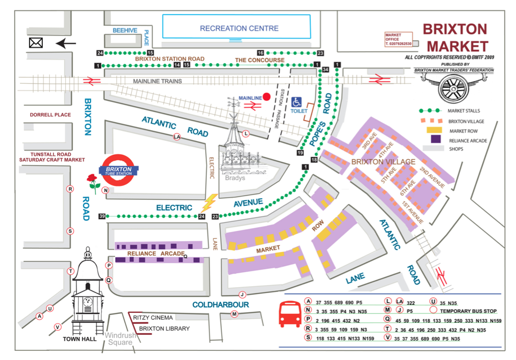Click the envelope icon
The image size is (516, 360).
tap(36, 42)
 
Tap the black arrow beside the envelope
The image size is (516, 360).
tap(66, 43)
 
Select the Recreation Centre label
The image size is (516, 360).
tap(239, 28)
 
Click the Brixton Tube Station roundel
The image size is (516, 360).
tap(118, 170)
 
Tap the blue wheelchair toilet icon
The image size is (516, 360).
tap(297, 102)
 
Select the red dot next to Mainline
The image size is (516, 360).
tap(267, 97)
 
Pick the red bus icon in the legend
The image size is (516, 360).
tap(289, 314)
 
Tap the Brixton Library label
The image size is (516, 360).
tap(164, 328)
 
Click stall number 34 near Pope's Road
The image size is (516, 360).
tap(325, 70)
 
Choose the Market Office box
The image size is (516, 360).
tap(399, 39)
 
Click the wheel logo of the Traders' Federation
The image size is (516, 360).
tap(454, 87)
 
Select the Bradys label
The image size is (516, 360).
tap(234, 178)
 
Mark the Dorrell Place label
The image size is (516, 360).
tap(50, 115)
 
